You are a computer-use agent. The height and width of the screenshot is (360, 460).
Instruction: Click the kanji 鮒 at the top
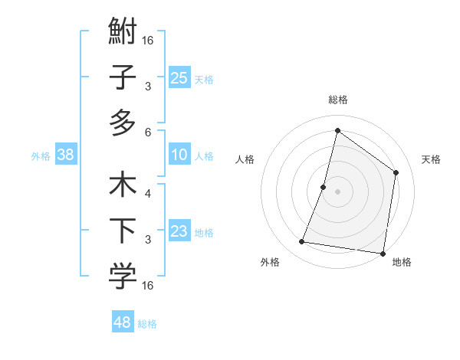pyautogui.click(x=123, y=34)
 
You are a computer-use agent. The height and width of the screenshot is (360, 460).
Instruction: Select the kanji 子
pyautogui.click(x=123, y=78)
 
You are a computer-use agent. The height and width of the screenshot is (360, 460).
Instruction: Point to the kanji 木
pyautogui.click(x=123, y=187)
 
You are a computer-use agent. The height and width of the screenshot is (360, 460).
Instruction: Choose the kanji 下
pyautogui.click(x=123, y=231)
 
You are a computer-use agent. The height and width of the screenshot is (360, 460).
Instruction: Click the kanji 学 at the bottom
pyautogui.click(x=123, y=277)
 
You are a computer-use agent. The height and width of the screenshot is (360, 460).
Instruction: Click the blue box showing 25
pyautogui.click(x=179, y=77)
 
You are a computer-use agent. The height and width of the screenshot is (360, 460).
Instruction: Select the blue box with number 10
pyautogui.click(x=179, y=155)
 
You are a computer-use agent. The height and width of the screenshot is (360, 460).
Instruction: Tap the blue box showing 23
pyautogui.click(x=179, y=231)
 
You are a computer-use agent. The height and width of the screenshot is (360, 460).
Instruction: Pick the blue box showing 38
pyautogui.click(x=66, y=155)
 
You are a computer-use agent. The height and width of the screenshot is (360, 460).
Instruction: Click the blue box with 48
pyautogui.click(x=123, y=322)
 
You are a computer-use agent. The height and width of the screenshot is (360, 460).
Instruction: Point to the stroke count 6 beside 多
pyautogui.click(x=149, y=132)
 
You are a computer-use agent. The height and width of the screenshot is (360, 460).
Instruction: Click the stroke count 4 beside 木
pyautogui.click(x=148, y=194)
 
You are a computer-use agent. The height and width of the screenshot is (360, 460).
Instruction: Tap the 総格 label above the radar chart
pyautogui.click(x=337, y=100)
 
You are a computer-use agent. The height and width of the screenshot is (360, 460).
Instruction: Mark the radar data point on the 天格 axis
pyautogui.click(x=396, y=172)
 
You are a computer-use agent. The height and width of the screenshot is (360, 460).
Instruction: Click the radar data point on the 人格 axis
pyautogui.click(x=324, y=187)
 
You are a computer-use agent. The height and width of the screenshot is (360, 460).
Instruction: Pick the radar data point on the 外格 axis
pyautogui.click(x=302, y=242)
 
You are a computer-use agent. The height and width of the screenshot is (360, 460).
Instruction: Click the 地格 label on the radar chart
pyautogui.click(x=402, y=263)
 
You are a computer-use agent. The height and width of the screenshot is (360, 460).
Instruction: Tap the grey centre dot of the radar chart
pyautogui.click(x=337, y=191)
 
